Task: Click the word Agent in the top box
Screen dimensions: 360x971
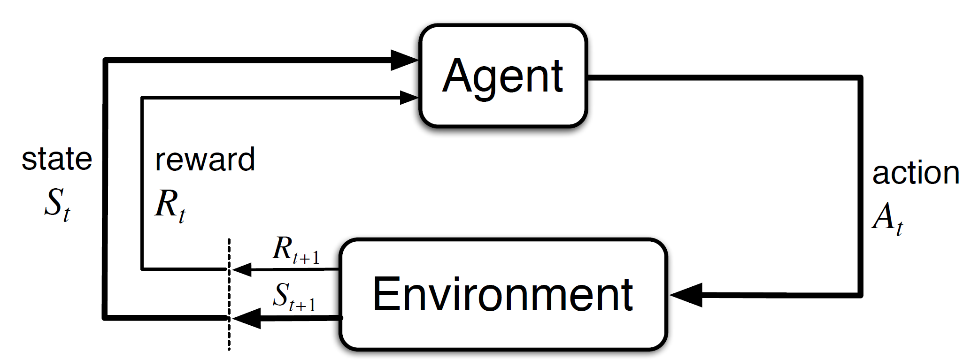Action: [x=502, y=77]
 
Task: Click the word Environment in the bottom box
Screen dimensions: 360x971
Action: [x=502, y=294]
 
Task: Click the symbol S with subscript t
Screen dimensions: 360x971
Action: [x=57, y=205]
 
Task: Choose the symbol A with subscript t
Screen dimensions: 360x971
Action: [x=887, y=219]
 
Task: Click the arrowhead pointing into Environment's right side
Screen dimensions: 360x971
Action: [x=686, y=295]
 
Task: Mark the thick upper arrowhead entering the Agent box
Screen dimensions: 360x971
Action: [x=404, y=60]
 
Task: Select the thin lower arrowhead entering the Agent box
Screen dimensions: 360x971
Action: [x=408, y=98]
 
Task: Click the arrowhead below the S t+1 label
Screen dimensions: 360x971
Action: [x=247, y=318]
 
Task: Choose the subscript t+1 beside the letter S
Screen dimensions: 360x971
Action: [x=303, y=306]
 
